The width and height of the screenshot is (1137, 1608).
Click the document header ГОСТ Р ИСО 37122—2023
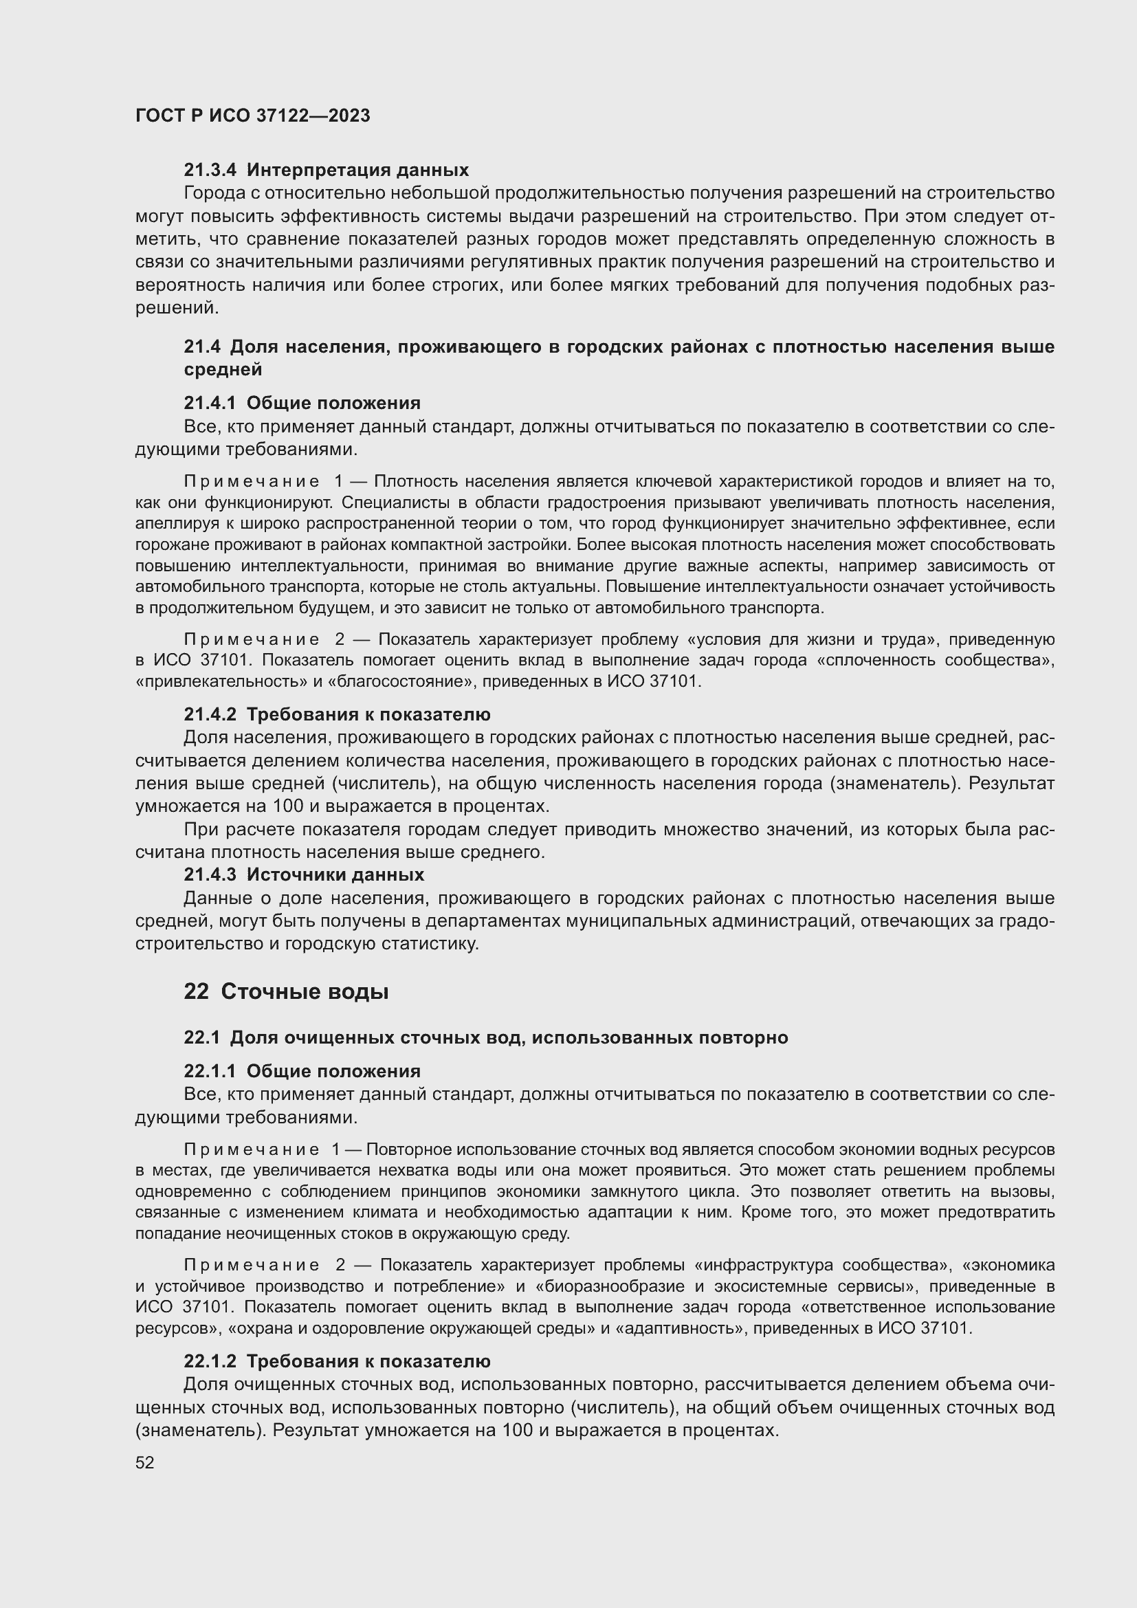coord(253,116)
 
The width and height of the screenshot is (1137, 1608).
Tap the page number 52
coord(145,1462)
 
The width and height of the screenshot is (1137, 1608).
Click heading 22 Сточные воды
coord(286,992)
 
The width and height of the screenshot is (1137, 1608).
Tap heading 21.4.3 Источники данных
coord(304,874)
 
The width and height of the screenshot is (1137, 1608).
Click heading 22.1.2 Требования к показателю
coord(337,1361)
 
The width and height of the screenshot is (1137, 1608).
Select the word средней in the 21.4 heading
coord(223,370)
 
